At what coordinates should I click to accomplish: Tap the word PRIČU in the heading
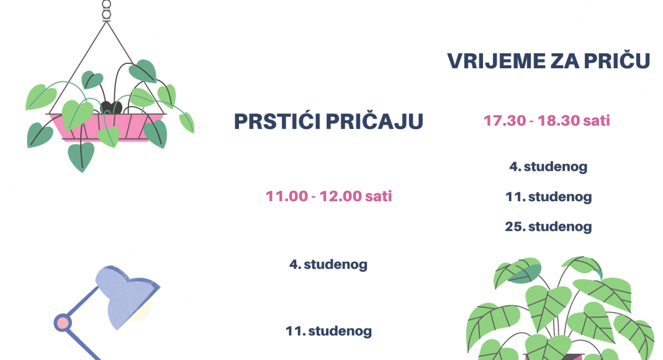[616, 60]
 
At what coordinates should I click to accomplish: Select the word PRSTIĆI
[277, 121]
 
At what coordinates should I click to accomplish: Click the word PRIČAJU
[374, 121]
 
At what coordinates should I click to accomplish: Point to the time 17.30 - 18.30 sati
[547, 121]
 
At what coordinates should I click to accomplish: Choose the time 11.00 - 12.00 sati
[328, 196]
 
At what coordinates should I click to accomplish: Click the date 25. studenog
[548, 227]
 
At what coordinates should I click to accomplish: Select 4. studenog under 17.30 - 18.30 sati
[548, 166]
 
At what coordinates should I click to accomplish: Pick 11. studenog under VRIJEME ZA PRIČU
[548, 197]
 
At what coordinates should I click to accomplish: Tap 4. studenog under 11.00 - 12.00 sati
[328, 264]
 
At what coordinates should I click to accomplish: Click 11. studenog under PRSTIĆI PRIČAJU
[328, 331]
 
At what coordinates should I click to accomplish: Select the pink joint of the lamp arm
[63, 323]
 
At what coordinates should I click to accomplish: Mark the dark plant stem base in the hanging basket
[111, 107]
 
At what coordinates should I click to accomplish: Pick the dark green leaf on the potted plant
[525, 274]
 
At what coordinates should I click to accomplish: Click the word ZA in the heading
[564, 61]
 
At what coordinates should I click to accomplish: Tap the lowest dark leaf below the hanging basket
[81, 156]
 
